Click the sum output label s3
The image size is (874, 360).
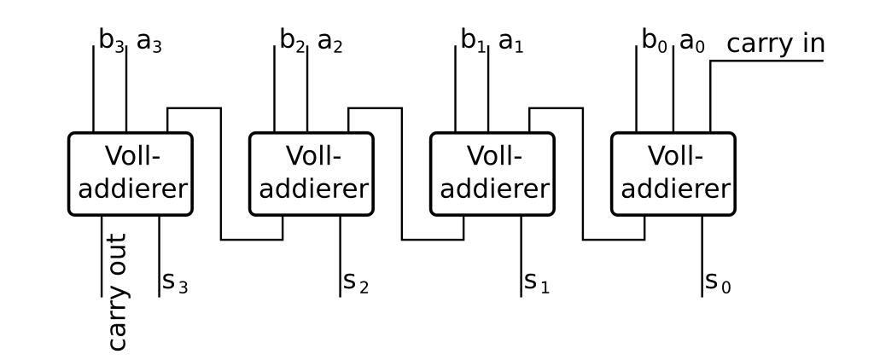174,282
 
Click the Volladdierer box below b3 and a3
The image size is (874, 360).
131,173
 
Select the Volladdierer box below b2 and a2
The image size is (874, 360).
312,173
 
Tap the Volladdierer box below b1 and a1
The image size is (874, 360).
492,173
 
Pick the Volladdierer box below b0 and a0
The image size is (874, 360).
673,173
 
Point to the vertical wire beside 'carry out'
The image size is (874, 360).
101,256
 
